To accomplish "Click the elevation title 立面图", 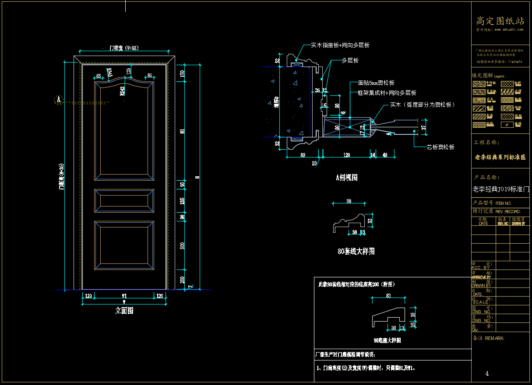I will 124,311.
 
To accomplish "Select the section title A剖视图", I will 347,178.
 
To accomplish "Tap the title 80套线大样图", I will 356,252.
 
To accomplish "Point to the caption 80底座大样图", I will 387,340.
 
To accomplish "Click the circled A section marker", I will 58,100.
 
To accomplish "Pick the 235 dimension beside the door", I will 183,200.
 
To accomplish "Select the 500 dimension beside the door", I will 183,245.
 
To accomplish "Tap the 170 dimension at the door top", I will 183,74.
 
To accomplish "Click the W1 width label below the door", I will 124,296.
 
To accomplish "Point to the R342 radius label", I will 123,91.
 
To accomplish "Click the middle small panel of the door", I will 124,201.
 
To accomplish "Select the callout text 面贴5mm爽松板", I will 376,83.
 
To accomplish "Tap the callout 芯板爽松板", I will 440,147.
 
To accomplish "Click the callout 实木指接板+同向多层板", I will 340,45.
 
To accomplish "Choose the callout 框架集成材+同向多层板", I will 387,93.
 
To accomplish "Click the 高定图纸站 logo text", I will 500,21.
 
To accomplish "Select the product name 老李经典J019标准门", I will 501,189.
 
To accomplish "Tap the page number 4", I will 487,374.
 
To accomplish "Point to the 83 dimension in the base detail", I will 388,296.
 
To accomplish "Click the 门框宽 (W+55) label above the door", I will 123,48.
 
